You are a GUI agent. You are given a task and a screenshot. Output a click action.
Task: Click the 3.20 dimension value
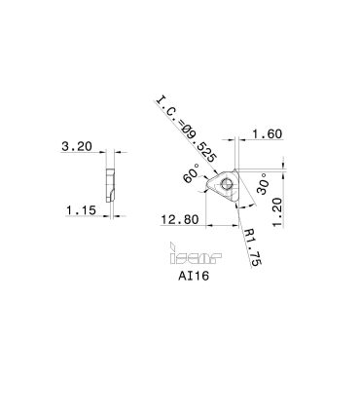[x=77, y=146]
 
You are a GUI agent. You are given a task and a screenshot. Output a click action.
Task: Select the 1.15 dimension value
[x=82, y=210]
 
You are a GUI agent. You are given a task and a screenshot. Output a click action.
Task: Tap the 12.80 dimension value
[x=180, y=220]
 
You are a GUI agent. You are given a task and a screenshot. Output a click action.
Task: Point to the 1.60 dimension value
[x=268, y=133]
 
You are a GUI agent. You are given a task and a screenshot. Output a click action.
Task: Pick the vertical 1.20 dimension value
[x=277, y=212]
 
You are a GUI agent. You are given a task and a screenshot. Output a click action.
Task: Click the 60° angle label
[x=192, y=173]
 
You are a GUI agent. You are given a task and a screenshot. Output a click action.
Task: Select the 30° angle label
[x=263, y=184]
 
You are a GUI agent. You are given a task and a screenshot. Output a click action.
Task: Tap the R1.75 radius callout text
[x=253, y=246]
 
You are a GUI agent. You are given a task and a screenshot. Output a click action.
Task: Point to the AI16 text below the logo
[x=194, y=276]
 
